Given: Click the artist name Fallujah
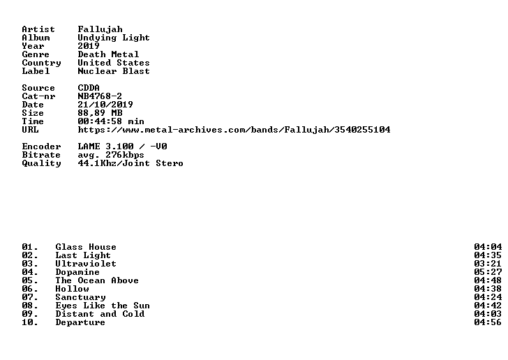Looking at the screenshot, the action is tap(100, 29).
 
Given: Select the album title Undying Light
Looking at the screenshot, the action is tap(114, 38).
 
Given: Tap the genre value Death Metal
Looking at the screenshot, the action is tap(108, 54).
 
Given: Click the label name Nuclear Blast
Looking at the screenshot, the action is tap(114, 71).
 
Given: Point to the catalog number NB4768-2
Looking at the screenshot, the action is tap(100, 96).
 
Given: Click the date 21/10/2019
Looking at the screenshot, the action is tap(105, 105).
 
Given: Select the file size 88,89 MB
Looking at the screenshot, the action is tap(100, 113).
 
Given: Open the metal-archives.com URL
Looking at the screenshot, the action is tap(234, 130).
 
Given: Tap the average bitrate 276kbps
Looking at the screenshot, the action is tap(125, 155).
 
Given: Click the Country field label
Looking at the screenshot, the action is tap(41, 63).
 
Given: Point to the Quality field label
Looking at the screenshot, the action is tap(41, 163).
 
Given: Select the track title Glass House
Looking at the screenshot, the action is tap(86, 247).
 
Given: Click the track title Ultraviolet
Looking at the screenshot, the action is tap(86, 264).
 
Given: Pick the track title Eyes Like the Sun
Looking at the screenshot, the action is tap(103, 306).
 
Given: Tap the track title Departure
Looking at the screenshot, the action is tap(80, 322).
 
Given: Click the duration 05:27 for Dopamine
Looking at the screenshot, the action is tap(488, 272).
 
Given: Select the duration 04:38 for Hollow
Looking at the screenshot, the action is tap(488, 289).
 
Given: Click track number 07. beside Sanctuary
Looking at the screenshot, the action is tap(30, 297).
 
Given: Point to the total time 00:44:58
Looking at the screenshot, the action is tap(100, 121).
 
